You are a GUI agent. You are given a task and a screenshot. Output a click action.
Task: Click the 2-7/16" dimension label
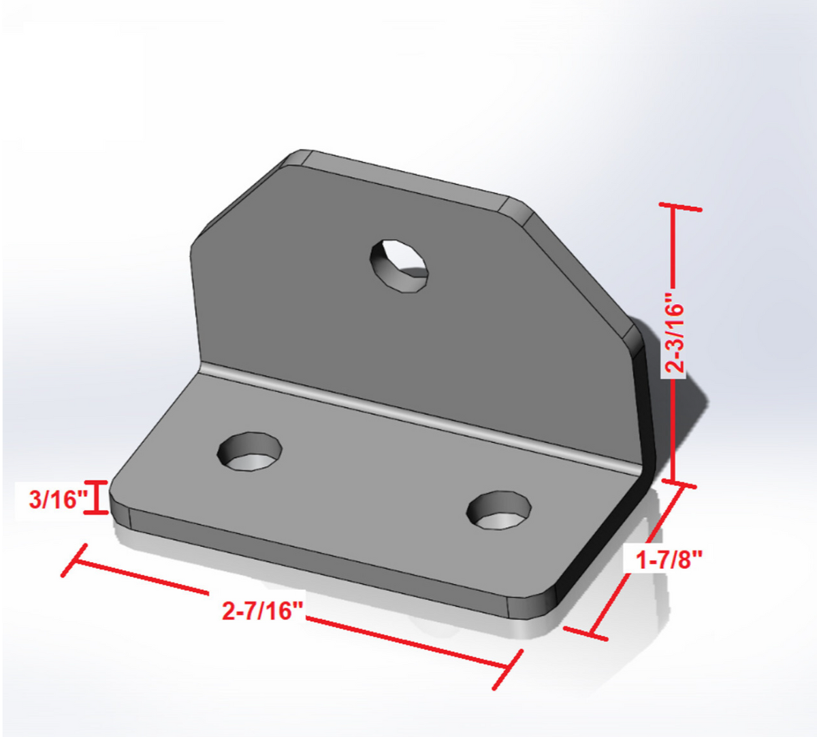[x=262, y=610]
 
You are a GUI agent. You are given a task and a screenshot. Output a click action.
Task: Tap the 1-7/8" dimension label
[x=669, y=559]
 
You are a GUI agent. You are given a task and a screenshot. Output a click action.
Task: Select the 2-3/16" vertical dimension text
[x=675, y=333]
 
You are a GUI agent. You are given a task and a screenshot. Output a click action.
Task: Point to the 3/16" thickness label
[x=54, y=500]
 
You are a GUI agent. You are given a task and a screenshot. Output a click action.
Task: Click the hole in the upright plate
[x=400, y=265]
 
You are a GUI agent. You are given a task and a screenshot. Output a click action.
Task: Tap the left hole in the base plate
[x=250, y=451]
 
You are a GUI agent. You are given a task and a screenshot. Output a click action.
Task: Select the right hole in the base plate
[x=499, y=510]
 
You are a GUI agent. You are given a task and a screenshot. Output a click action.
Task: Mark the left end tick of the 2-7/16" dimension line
[x=74, y=560]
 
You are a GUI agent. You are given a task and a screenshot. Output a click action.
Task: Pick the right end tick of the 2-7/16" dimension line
[x=509, y=669]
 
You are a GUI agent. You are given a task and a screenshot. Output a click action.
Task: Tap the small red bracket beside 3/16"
[x=97, y=497]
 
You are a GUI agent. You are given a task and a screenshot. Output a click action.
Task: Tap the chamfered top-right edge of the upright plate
[x=579, y=272]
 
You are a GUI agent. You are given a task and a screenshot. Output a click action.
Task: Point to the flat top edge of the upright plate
[x=402, y=177]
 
